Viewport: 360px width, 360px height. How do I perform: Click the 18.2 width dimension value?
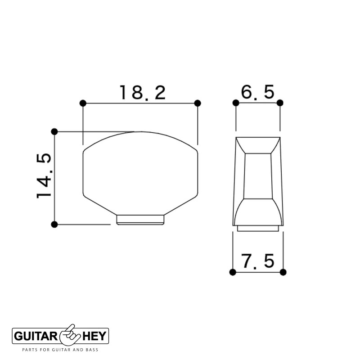tap(142, 93)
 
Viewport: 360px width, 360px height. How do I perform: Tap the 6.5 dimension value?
tap(257, 92)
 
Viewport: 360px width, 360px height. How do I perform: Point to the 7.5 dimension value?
tap(257, 261)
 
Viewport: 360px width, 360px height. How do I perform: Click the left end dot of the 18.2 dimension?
tap(82, 103)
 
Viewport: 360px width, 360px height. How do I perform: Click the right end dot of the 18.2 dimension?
tap(198, 103)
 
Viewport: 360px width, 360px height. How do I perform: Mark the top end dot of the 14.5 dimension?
tap(54, 131)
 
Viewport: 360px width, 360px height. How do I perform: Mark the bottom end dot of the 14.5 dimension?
tap(54, 224)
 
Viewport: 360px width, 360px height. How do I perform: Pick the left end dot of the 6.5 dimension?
tap(235, 103)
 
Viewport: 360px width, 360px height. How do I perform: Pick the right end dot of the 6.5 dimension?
tap(280, 103)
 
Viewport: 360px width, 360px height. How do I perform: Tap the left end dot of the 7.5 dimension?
tap(233, 272)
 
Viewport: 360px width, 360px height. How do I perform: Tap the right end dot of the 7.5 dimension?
tap(283, 272)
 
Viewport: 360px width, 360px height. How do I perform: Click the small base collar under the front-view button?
tap(139, 219)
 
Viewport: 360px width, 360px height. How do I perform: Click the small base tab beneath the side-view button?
tap(258, 228)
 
